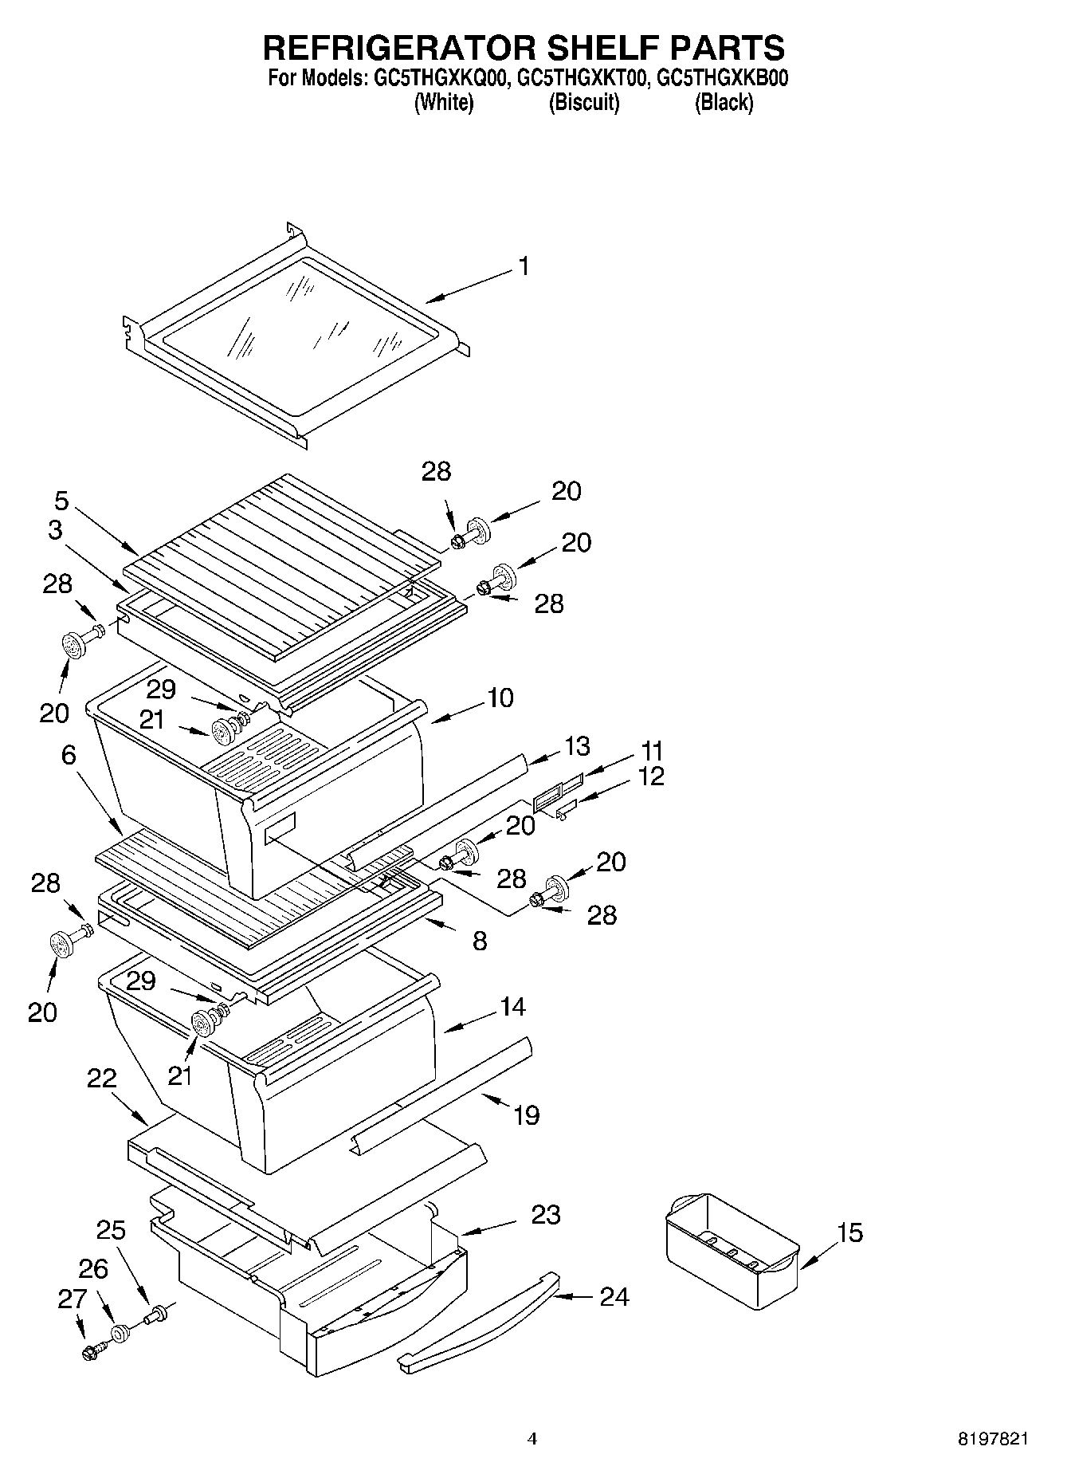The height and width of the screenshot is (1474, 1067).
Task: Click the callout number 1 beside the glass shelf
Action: [x=524, y=266]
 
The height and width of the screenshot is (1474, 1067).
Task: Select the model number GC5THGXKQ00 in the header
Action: [x=437, y=78]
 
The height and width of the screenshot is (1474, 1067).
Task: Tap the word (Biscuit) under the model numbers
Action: [x=584, y=102]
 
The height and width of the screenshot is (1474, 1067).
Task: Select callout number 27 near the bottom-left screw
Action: [x=72, y=1299]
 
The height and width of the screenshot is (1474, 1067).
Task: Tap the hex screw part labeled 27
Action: [x=89, y=1352]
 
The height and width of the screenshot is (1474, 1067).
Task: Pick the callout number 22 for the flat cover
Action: [x=102, y=1079]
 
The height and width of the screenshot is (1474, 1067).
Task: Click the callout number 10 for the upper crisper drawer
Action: [x=500, y=698]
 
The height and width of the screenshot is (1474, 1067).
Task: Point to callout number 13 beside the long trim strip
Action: [x=577, y=746]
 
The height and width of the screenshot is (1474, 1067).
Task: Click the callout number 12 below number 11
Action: [x=652, y=776]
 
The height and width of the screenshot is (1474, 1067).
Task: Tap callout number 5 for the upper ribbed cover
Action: [x=61, y=501]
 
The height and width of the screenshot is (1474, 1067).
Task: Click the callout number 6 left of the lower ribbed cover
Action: [x=69, y=754]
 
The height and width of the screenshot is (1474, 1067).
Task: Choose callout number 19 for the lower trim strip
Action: [x=526, y=1114]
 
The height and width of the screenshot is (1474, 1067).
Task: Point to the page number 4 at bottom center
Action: [x=532, y=1439]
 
